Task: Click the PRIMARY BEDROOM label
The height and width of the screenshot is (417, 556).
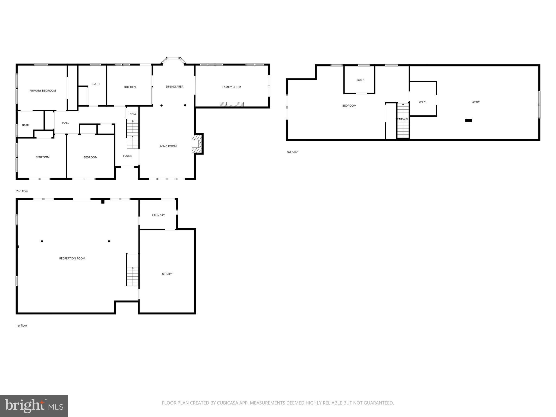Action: [x=43, y=91]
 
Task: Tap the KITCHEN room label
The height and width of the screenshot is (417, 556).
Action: [x=130, y=87]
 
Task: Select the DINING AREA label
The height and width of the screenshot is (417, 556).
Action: [x=175, y=87]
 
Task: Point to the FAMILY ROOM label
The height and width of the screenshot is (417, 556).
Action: [x=232, y=87]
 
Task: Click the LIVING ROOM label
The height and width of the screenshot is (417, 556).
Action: [x=168, y=146]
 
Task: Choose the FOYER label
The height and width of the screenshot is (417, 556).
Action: [x=127, y=156]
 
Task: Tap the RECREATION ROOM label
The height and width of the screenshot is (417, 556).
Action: [x=72, y=258]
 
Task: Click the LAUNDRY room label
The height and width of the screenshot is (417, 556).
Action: [x=158, y=215]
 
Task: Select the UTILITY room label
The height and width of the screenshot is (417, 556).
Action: [x=167, y=274]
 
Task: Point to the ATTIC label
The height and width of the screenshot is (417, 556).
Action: [x=476, y=102]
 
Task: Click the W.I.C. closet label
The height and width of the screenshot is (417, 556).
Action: [x=422, y=102]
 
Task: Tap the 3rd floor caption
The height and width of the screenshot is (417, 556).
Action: [x=292, y=152]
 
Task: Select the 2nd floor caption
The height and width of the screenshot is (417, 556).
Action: [x=22, y=191]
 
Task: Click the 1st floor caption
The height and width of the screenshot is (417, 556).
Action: [x=22, y=326]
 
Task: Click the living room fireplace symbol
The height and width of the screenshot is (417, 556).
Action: [x=197, y=144]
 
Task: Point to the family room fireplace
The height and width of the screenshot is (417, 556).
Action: [x=232, y=104]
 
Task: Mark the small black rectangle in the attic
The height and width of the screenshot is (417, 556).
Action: [x=469, y=120]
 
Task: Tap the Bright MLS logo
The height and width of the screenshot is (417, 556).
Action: [x=34, y=406]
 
